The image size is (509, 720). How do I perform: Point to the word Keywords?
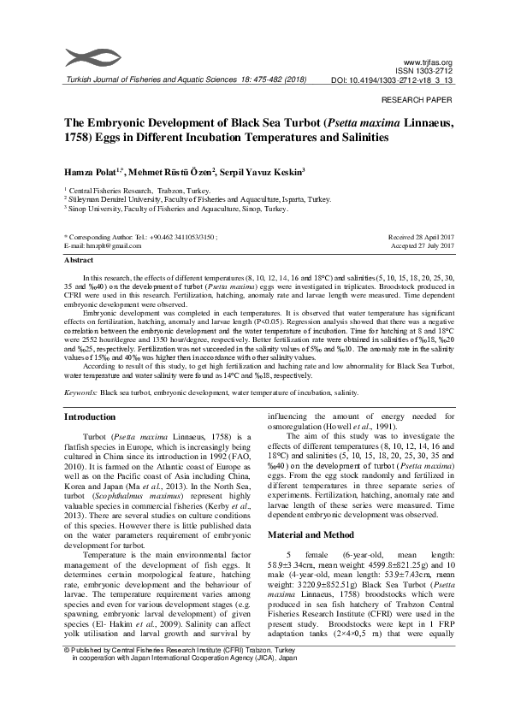coord(81,392)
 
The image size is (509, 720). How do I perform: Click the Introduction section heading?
coord(90,416)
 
